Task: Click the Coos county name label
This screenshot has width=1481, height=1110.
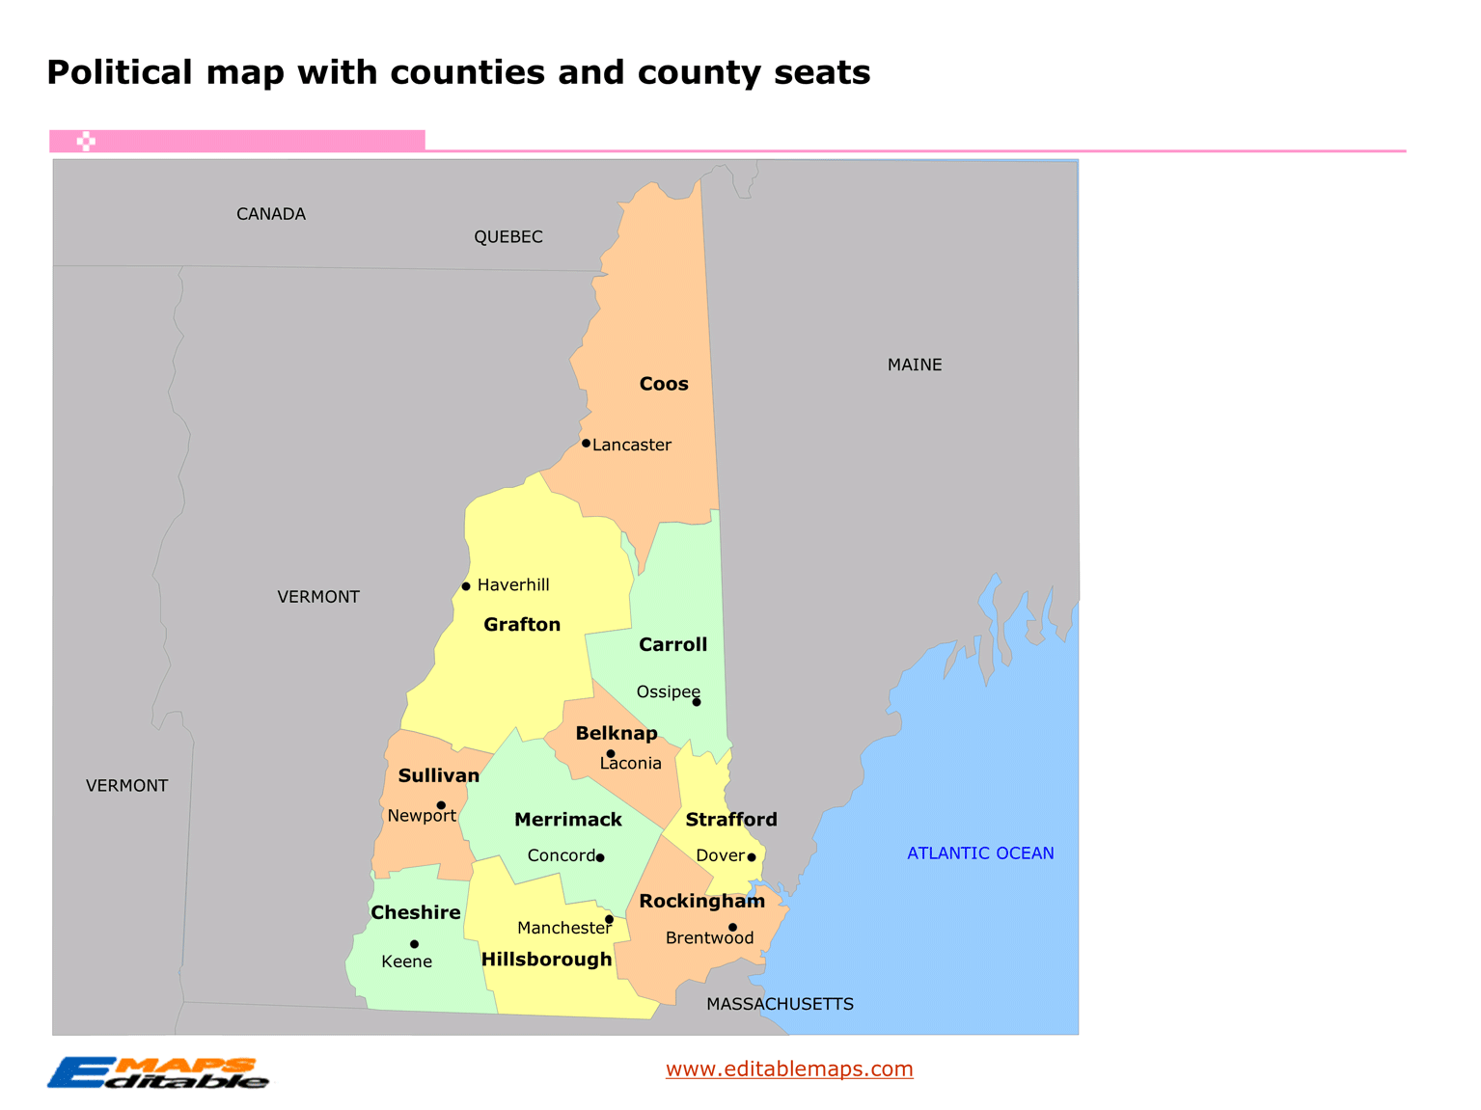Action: coord(664,384)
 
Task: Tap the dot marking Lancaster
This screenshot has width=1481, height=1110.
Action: coord(586,444)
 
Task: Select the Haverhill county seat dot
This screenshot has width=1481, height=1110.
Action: coord(466,586)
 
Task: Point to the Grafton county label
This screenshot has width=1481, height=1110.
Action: coord(522,624)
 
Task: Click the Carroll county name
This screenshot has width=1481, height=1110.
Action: coord(672,644)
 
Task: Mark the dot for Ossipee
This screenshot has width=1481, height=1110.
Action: coord(697,702)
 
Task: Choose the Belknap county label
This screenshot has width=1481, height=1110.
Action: coord(617,733)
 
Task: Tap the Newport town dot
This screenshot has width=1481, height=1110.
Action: coord(441,805)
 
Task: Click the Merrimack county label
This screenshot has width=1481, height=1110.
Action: coord(568,820)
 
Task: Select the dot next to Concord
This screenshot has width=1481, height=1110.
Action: coord(600,857)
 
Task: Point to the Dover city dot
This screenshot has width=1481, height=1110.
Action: coord(752,857)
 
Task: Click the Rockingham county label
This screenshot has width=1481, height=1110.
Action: coord(701,901)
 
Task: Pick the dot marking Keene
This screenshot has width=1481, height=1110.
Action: coord(414,944)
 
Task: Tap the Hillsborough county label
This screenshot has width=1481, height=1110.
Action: coord(547,960)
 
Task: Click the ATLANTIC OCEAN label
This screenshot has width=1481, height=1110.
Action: coord(980,853)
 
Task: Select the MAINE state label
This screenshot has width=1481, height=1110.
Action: coord(915,365)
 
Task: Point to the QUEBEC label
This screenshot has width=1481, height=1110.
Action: coord(508,236)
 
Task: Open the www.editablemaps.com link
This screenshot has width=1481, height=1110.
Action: coord(789,1069)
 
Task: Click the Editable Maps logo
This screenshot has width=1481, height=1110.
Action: coord(158,1072)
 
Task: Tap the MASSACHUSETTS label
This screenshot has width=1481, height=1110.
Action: coord(780,1004)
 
